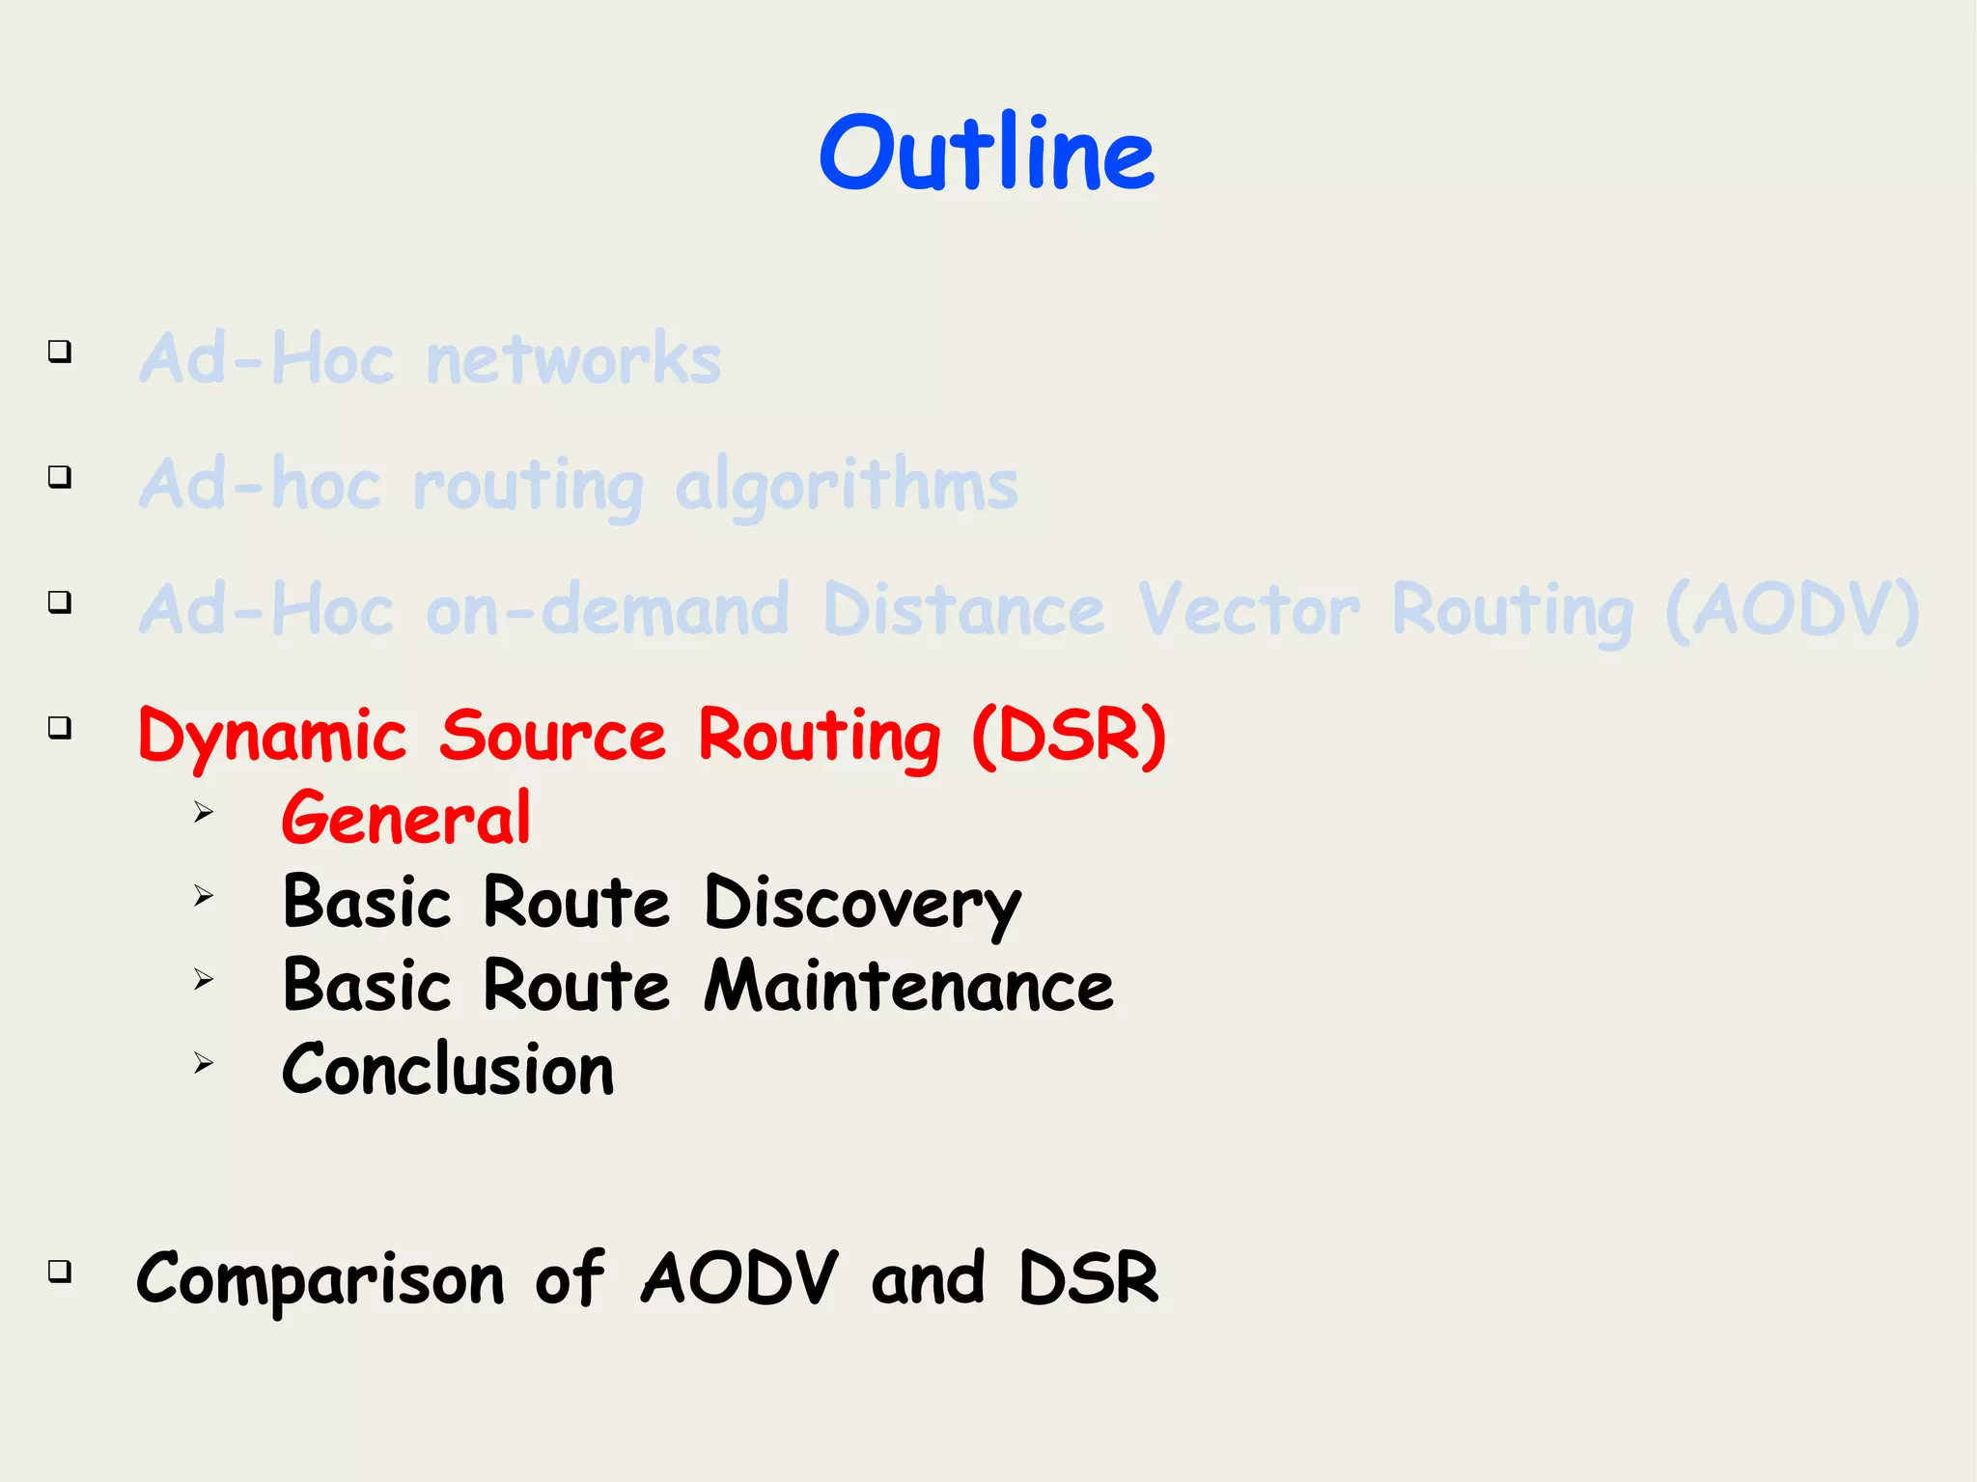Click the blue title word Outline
click(987, 153)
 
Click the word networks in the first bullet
click(573, 358)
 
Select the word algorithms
click(847, 486)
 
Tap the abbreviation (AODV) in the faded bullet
click(1793, 610)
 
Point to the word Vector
click(1249, 610)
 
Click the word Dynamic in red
click(272, 737)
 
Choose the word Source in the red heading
click(552, 735)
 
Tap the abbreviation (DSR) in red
click(1069, 735)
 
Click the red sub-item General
click(405, 818)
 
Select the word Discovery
click(862, 904)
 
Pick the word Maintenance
click(908, 986)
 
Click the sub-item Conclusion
click(448, 1070)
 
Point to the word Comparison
click(320, 1279)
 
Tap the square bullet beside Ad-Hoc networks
click(60, 351)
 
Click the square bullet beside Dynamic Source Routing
click(60, 727)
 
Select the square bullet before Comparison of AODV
click(60, 1271)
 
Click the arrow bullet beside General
click(203, 812)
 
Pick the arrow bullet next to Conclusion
click(203, 1064)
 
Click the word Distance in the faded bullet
click(963, 610)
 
